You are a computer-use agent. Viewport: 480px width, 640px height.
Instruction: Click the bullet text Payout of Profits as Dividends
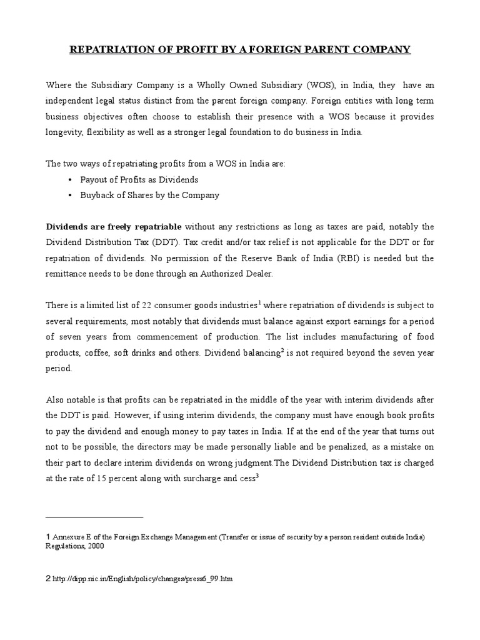pyautogui.click(x=139, y=179)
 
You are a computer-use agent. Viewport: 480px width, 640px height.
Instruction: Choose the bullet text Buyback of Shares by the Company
pyautogui.click(x=149, y=195)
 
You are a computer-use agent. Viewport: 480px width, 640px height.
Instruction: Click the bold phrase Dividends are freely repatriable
pyautogui.click(x=114, y=226)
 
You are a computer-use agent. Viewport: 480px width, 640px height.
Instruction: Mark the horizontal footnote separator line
pyautogui.click(x=94, y=517)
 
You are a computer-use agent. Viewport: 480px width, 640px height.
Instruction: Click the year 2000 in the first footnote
pyautogui.click(x=95, y=546)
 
